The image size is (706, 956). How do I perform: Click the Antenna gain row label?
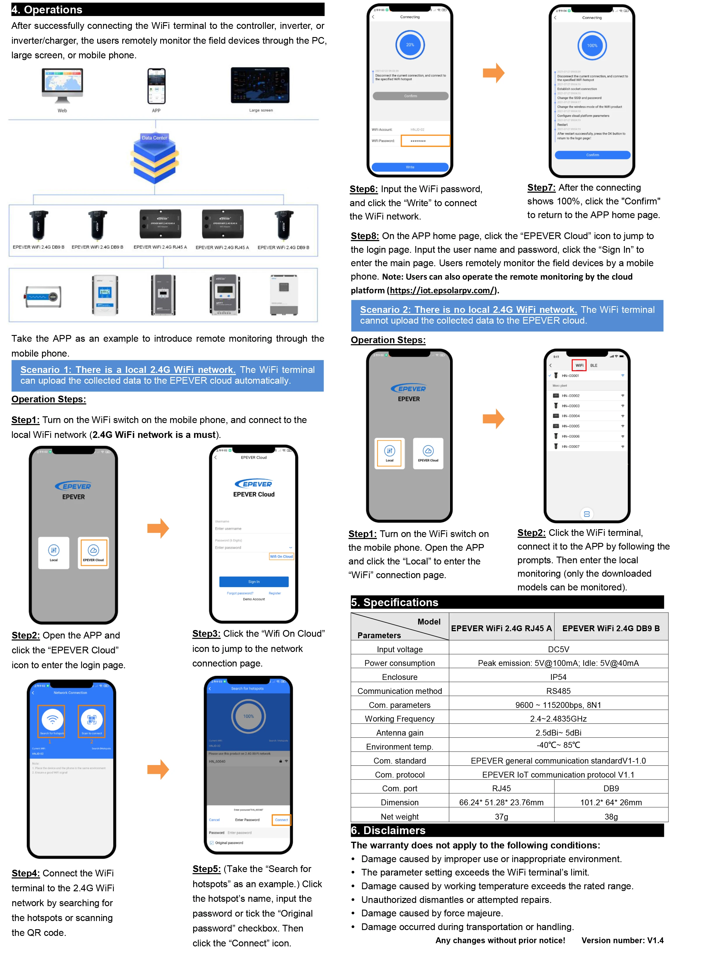click(x=399, y=733)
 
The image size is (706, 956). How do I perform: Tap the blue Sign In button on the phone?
click(x=254, y=582)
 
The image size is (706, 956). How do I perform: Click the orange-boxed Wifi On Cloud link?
click(x=281, y=556)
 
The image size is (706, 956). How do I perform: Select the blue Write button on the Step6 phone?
click(x=410, y=167)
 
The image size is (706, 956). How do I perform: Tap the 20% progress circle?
click(x=410, y=45)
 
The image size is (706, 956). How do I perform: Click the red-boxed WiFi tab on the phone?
click(x=579, y=366)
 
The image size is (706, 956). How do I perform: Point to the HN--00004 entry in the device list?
click(x=571, y=416)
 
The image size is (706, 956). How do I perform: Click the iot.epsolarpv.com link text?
click(x=442, y=290)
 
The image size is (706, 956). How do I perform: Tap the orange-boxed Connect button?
click(x=281, y=820)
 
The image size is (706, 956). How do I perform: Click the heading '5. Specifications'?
click(x=395, y=602)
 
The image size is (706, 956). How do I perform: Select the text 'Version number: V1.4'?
click(x=622, y=940)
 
